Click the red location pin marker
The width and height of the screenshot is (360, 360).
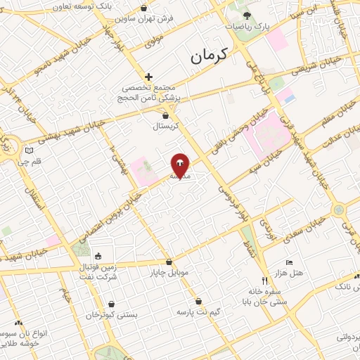point(180,165)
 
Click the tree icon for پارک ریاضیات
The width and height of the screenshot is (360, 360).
point(245,15)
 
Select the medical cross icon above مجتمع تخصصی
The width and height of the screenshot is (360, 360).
point(148,77)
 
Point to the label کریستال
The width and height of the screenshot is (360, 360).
point(167,127)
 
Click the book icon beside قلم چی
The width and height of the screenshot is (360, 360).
point(28,150)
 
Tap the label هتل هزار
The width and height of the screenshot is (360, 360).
point(290,271)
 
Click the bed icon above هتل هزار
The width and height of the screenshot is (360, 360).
point(289,262)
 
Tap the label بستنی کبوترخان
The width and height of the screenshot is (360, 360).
point(109,315)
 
